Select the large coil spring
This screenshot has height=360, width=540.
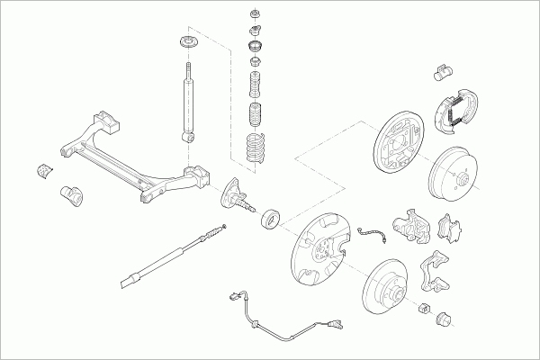(256, 148)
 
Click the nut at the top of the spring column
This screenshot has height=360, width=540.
(255, 14)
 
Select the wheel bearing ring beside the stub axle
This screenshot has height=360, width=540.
(270, 218)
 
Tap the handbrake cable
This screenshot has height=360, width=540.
(171, 256)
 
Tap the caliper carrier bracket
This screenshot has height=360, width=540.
(436, 275)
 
